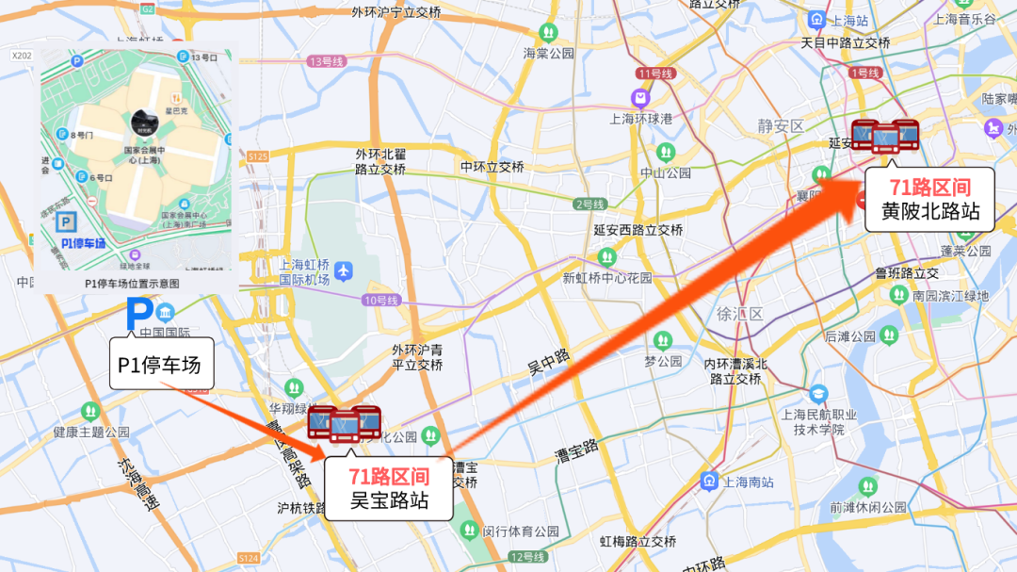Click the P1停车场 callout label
point(161,365)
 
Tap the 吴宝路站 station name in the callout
point(389,500)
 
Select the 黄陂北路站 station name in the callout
point(930,211)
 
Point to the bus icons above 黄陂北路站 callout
point(885,136)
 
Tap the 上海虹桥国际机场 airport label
point(304,272)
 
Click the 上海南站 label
point(749,482)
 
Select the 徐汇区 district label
point(739,314)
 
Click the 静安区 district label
point(782,126)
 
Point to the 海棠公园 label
point(549,54)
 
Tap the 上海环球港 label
point(640,119)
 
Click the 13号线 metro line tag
point(327,61)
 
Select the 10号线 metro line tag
point(381,300)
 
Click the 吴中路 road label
point(549,364)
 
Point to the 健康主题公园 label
point(91,432)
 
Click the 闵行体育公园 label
point(521,531)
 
